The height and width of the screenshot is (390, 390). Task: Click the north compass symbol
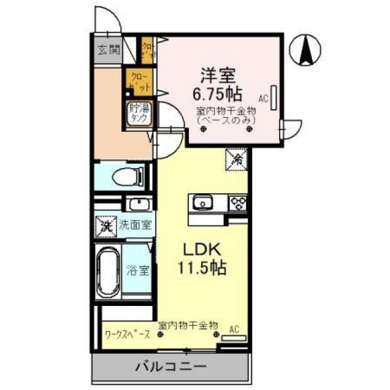point(307,50)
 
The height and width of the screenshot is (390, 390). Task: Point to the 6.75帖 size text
point(218,94)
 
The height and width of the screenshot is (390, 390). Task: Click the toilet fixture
point(129,177)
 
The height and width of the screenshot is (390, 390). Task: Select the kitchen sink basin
point(201,202)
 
